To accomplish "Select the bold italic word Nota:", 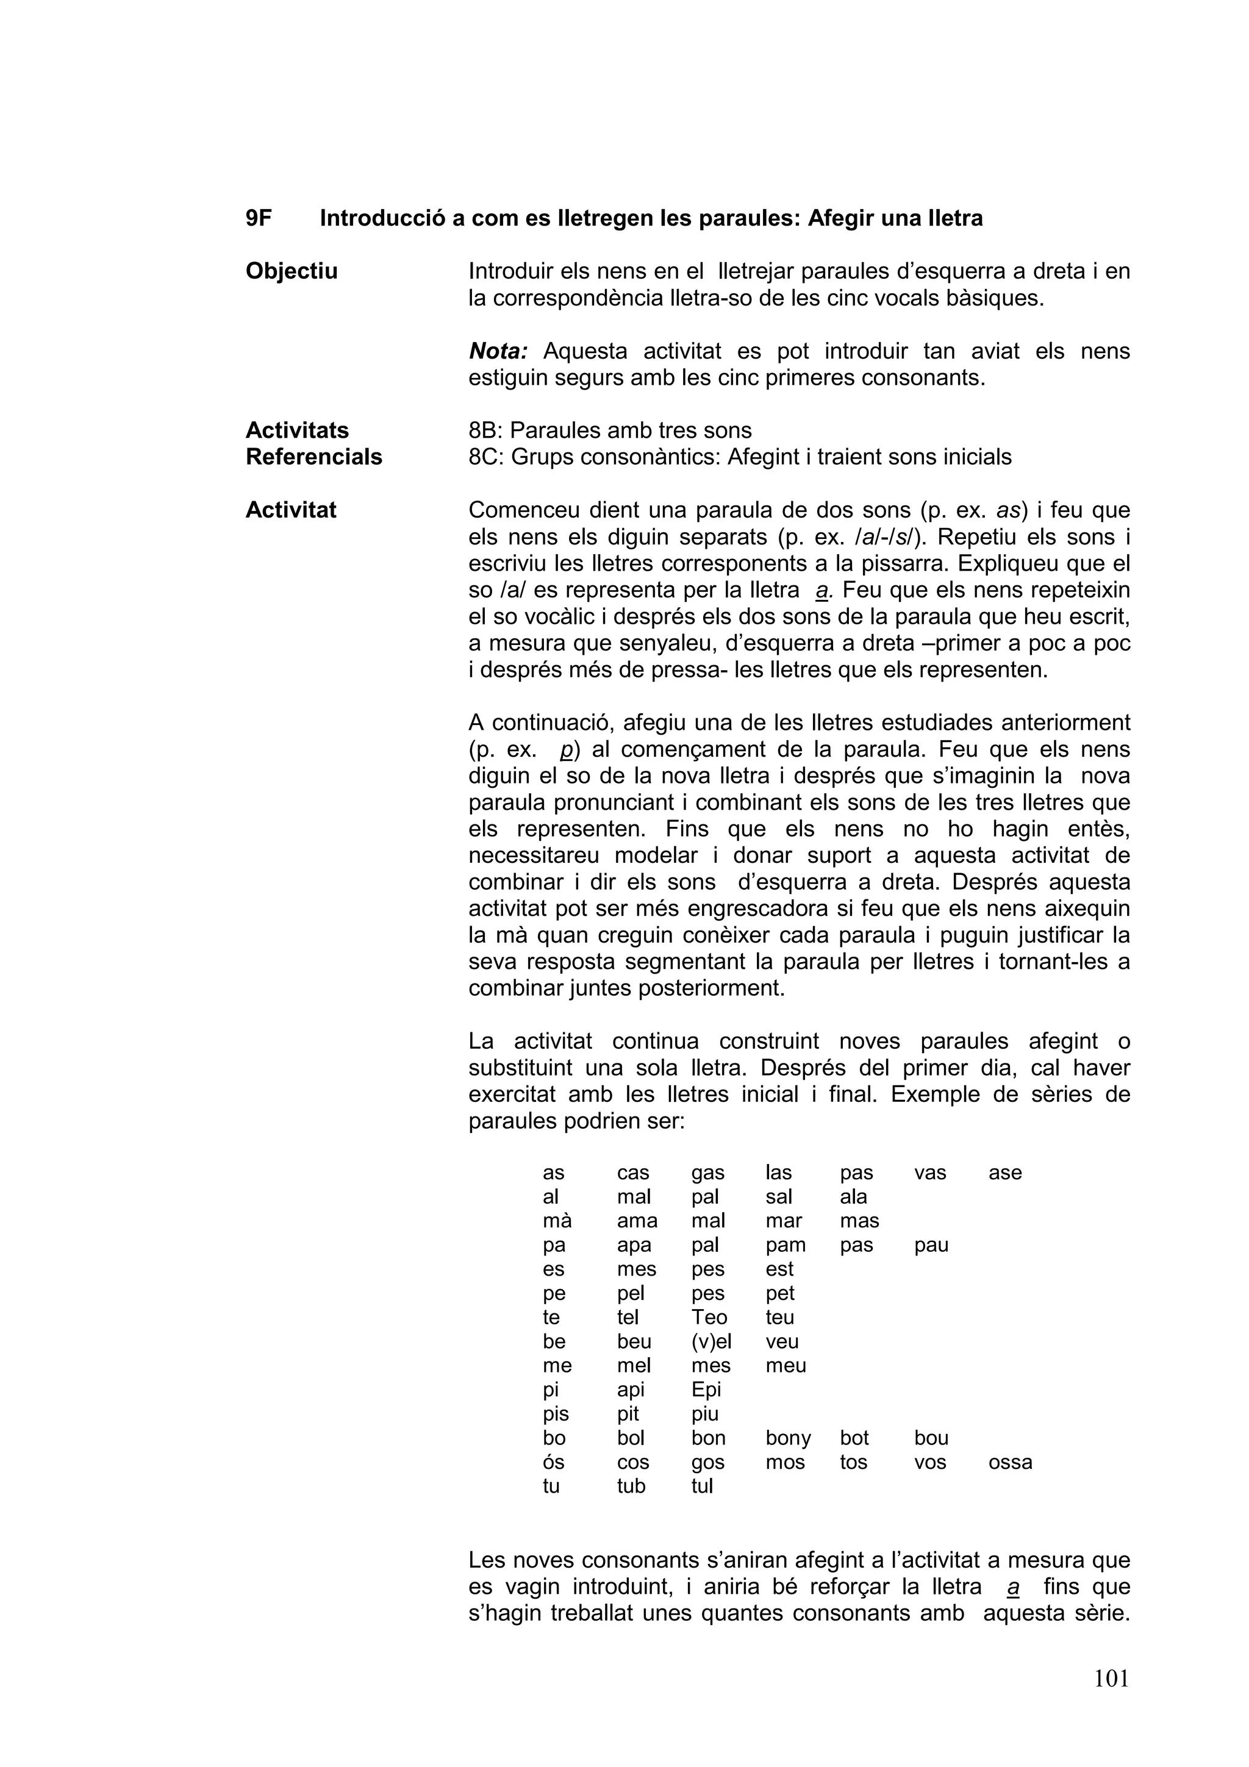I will (498, 351).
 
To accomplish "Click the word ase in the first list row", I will (1004, 1173).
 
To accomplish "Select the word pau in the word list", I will (931, 1245).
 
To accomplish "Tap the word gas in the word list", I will (707, 1173).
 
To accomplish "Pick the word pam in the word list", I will (786, 1245).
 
